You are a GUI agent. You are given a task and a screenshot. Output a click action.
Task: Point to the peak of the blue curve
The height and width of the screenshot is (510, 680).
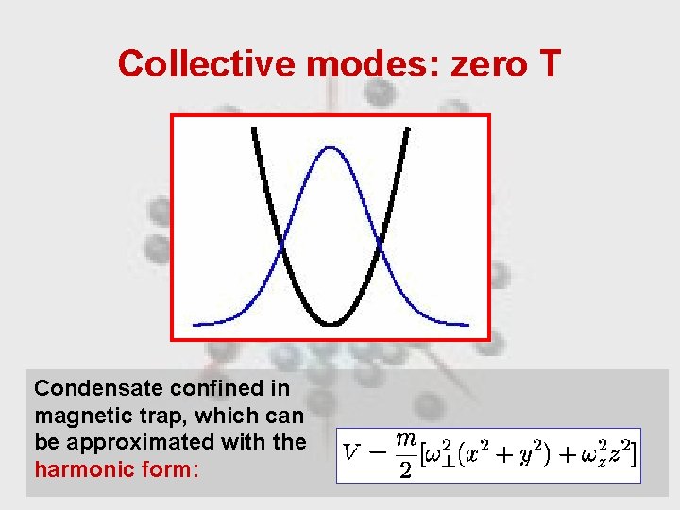coord(331,147)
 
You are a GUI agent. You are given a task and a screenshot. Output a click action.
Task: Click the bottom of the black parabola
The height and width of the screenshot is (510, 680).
coord(331,324)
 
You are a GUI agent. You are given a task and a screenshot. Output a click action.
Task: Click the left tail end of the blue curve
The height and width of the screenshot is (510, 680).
coord(195,324)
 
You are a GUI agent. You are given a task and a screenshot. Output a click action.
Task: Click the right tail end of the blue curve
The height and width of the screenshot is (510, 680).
coord(467,324)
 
